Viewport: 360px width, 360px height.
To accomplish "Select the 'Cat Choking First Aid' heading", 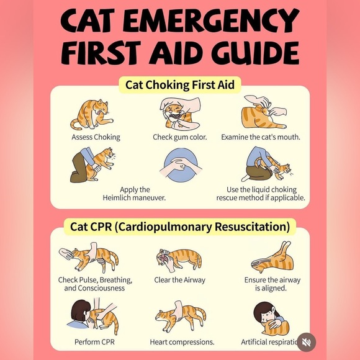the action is click(180, 84).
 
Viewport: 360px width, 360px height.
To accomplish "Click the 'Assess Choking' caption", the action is click(96, 137).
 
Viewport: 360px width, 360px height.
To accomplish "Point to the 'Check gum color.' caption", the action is click(180, 137).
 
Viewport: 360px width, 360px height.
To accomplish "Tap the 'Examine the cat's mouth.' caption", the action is click(261, 137).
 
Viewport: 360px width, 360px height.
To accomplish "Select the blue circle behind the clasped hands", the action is click(181, 164).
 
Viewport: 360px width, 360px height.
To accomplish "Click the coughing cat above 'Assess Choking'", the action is click(92, 114).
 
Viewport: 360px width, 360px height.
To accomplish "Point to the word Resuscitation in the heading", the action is click(252, 227).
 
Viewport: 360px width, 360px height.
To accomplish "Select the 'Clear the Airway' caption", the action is click(179, 280).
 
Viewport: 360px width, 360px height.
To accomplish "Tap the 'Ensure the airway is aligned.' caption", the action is click(272, 284).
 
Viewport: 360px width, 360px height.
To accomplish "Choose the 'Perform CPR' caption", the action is click(94, 342).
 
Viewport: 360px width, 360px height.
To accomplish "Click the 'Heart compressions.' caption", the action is click(182, 342).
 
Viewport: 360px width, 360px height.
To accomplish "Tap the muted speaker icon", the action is click(306, 343).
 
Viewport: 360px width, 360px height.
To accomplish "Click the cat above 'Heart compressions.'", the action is click(181, 317).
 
